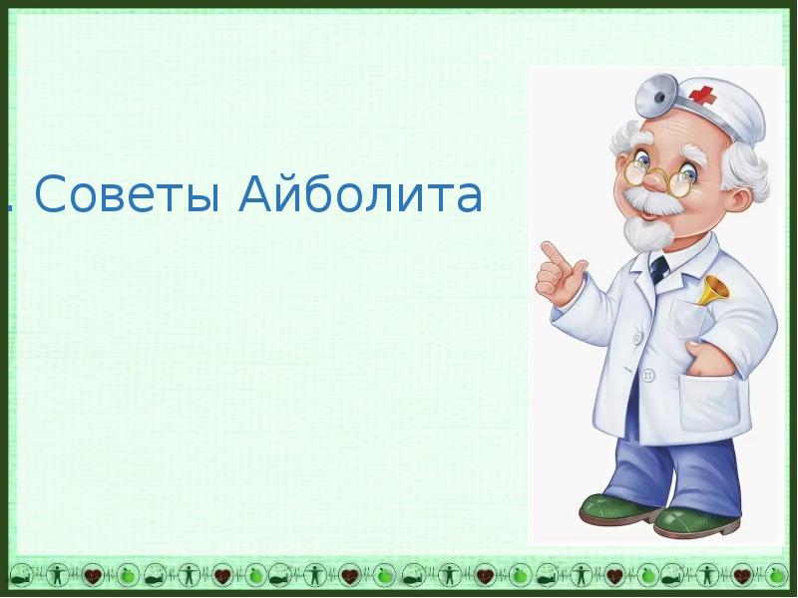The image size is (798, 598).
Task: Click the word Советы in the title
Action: (x=128, y=193)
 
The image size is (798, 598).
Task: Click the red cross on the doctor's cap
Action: (x=701, y=94)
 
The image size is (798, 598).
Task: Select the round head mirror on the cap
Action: (x=657, y=95)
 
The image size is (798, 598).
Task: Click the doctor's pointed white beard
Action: (x=643, y=233)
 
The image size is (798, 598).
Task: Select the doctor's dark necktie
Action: (x=658, y=270)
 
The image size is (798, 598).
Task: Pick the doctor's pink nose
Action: (x=654, y=179)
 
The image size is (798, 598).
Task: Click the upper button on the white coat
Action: (x=637, y=338)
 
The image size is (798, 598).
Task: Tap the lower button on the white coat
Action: (x=647, y=377)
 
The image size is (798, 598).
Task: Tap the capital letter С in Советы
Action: (x=51, y=193)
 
